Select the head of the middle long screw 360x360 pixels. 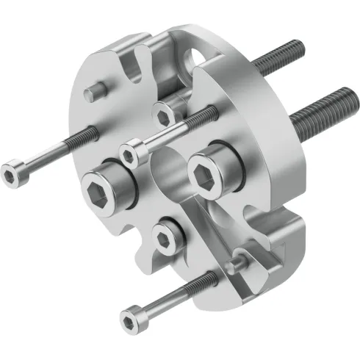click(x=132, y=154)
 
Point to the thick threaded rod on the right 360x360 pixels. click(x=320, y=104)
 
